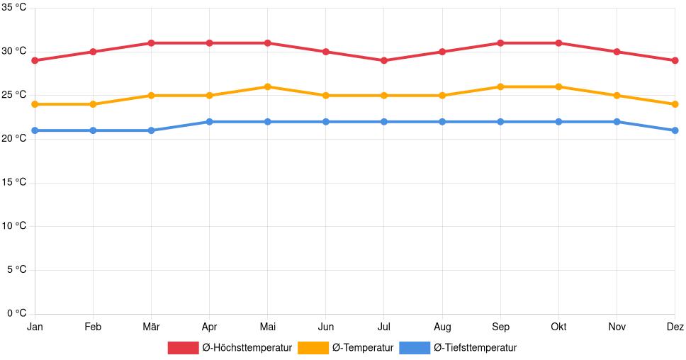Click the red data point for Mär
pyautogui.click(x=151, y=43)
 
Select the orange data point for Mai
pyautogui.click(x=267, y=86)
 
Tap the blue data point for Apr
pyautogui.click(x=209, y=122)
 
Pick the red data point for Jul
pyautogui.click(x=383, y=60)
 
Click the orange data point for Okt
pyautogui.click(x=558, y=86)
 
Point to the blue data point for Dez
pyautogui.click(x=675, y=130)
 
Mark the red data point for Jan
pyautogui.click(x=35, y=60)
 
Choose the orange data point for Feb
pyautogui.click(x=93, y=104)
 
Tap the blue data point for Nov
pyautogui.click(x=617, y=122)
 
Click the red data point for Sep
pyautogui.click(x=500, y=43)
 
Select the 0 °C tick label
pyautogui.click(x=16, y=313)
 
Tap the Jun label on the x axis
pyautogui.click(x=325, y=327)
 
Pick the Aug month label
pyautogui.click(x=442, y=327)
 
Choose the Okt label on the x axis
pyautogui.click(x=558, y=327)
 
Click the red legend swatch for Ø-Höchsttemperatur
pyautogui.click(x=183, y=348)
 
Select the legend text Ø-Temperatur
pyautogui.click(x=362, y=348)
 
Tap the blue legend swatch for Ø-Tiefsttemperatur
pyautogui.click(x=415, y=348)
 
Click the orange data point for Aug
pyautogui.click(x=442, y=96)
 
